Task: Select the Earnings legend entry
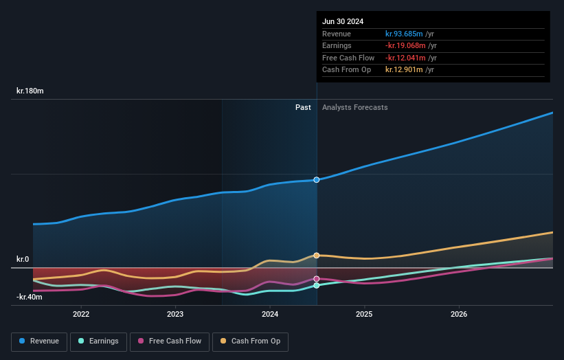(99, 341)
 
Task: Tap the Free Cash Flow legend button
(169, 341)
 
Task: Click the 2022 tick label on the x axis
(81, 315)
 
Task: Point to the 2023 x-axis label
(175, 315)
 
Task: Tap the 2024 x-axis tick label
(270, 315)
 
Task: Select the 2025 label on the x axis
(364, 315)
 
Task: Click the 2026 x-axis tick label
(459, 315)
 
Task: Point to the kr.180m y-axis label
(30, 91)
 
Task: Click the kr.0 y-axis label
(23, 259)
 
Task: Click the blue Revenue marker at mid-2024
(317, 180)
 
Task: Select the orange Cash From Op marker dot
(317, 256)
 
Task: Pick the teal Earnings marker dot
(317, 285)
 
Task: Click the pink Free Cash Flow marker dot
(317, 279)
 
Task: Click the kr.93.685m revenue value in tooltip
(404, 34)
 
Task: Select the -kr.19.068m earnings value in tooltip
(405, 46)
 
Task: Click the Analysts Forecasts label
(354, 108)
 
